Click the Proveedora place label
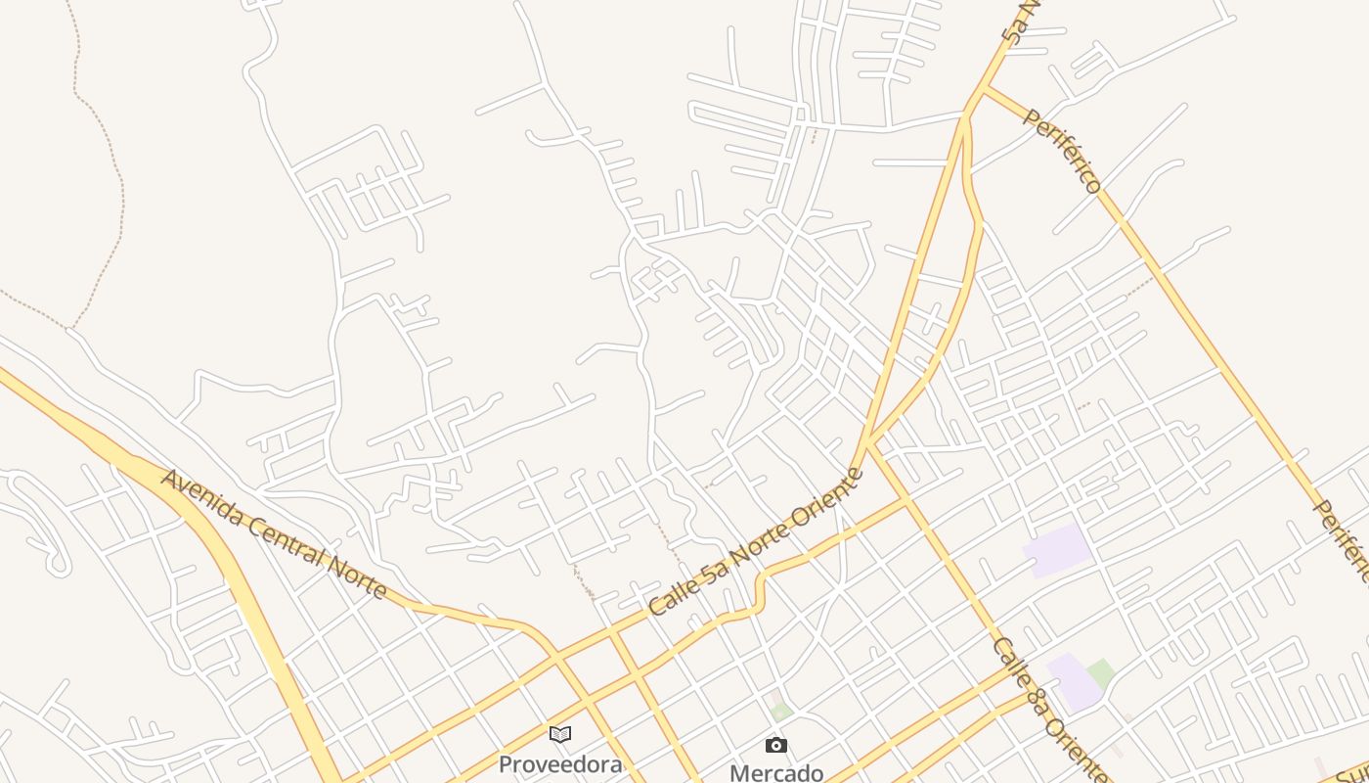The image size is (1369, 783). [x=559, y=764]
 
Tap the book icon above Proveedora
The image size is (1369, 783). [x=559, y=734]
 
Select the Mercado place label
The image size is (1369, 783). [x=776, y=772]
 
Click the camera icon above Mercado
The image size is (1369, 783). [x=776, y=746]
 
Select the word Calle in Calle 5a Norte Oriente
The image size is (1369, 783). [x=672, y=594]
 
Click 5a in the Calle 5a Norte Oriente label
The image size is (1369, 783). [x=710, y=569]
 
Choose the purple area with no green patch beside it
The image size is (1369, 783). [x=1057, y=549]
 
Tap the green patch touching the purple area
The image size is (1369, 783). [x=1101, y=673]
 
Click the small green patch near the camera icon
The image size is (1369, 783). [x=779, y=712]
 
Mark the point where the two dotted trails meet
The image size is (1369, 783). [x=70, y=328]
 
